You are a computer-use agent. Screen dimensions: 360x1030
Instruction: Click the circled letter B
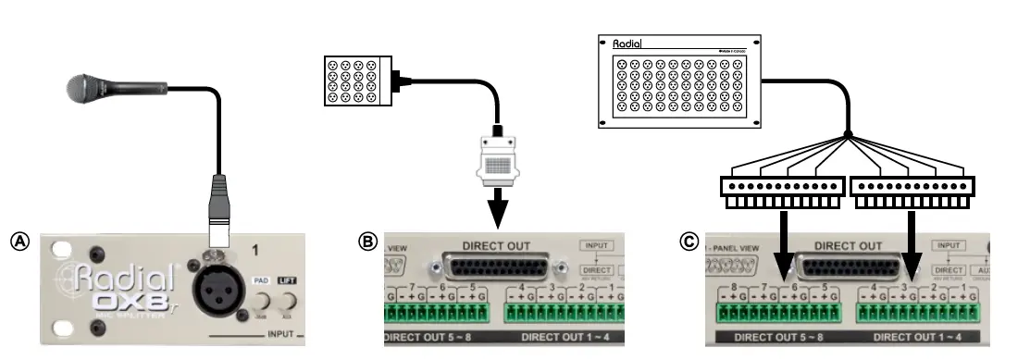(367, 242)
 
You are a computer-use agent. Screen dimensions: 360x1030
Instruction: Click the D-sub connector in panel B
(500, 268)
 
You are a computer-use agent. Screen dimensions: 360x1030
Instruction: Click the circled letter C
(689, 242)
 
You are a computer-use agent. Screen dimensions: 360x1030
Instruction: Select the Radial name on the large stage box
(627, 43)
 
